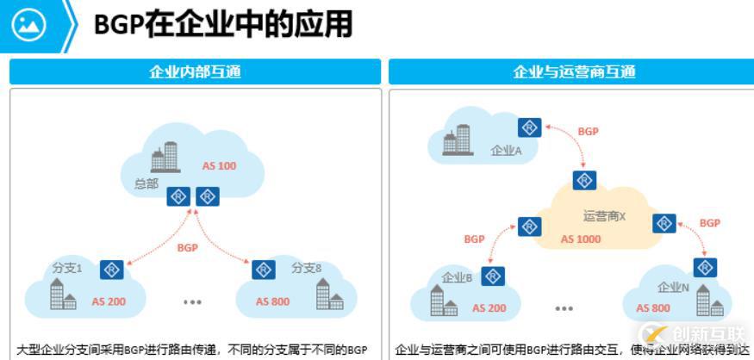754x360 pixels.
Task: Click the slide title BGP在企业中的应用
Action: pyautogui.click(x=223, y=25)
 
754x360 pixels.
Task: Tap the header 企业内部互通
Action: pyautogui.click(x=195, y=71)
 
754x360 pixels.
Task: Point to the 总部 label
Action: pyautogui.click(x=146, y=183)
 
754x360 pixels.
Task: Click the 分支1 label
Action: pyautogui.click(x=66, y=268)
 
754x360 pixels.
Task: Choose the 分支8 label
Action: pyautogui.click(x=306, y=268)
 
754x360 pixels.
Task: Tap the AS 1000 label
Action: pyautogui.click(x=581, y=239)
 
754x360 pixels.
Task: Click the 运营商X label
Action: pyautogui.click(x=604, y=216)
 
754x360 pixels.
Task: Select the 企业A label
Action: pyautogui.click(x=507, y=150)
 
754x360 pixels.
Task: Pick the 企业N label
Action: pyautogui.click(x=674, y=287)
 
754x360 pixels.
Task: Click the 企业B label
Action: pyautogui.click(x=457, y=277)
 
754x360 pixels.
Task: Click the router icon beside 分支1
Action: pyautogui.click(x=111, y=270)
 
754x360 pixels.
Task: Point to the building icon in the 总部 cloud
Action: pyautogui.click(x=164, y=157)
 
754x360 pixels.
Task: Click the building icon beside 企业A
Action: pyautogui.click(x=458, y=140)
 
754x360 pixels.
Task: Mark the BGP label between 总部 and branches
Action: pyautogui.click(x=187, y=247)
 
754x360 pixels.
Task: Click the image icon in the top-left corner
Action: pyautogui.click(x=28, y=25)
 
